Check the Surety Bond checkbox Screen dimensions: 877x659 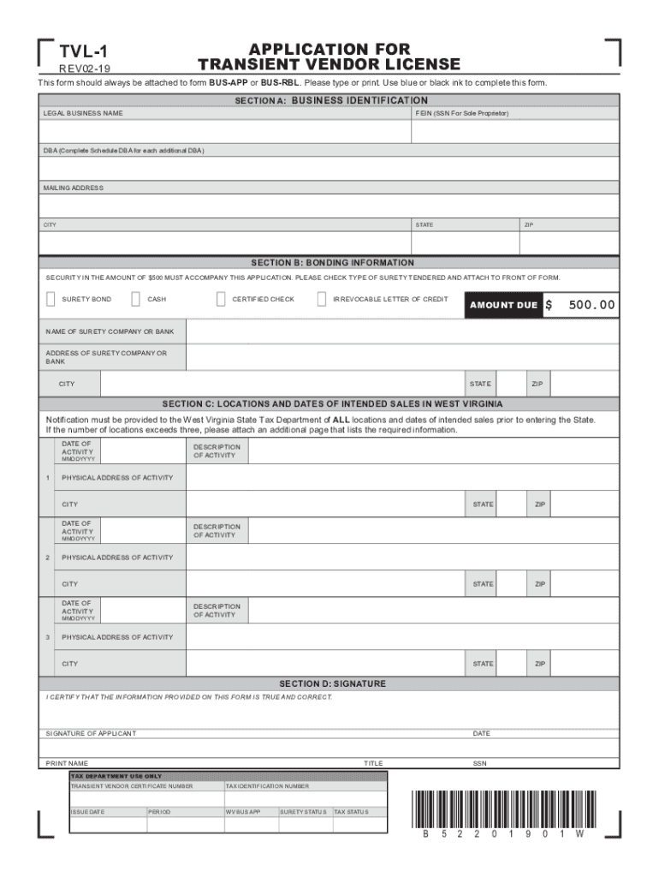tap(50, 299)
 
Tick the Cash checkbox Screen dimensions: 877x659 tap(135, 299)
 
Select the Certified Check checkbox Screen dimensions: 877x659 tap(221, 299)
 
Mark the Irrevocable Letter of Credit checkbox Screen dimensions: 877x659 tap(322, 299)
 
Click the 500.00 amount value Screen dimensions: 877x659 tap(590, 305)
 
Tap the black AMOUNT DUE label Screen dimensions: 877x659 tap(503, 305)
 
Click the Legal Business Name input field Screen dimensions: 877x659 tap(224, 131)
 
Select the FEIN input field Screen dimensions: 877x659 tap(515, 131)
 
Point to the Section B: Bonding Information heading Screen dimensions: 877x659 tap(332, 263)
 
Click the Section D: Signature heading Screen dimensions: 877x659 tap(332, 683)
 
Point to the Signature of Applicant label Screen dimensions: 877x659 tap(91, 734)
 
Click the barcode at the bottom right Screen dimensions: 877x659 tap(502, 808)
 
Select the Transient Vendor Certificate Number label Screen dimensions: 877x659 tap(132, 786)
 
